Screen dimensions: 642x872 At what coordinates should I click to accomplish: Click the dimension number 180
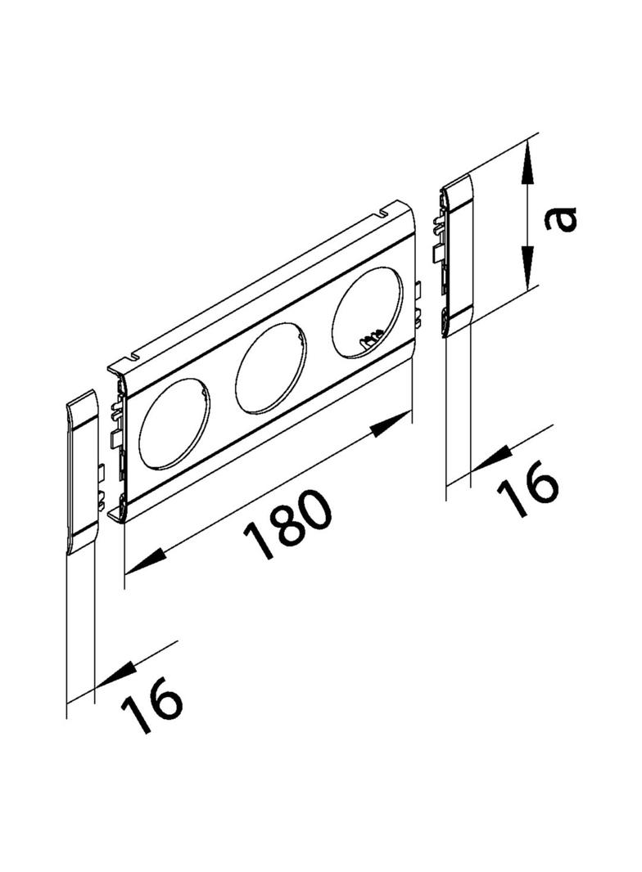coord(288,524)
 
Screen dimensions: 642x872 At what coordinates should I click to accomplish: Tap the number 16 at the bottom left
coord(151,703)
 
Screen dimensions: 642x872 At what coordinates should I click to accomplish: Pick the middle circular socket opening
coord(271,369)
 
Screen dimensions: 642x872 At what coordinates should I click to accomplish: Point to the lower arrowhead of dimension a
coord(527,272)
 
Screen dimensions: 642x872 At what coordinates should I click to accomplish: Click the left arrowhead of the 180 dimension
coord(145,560)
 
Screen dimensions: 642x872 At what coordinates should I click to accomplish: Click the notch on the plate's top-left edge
coord(133,356)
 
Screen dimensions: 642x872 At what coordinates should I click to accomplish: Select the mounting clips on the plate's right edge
coord(418,304)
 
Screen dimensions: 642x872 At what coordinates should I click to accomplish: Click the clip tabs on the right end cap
coord(437,239)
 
